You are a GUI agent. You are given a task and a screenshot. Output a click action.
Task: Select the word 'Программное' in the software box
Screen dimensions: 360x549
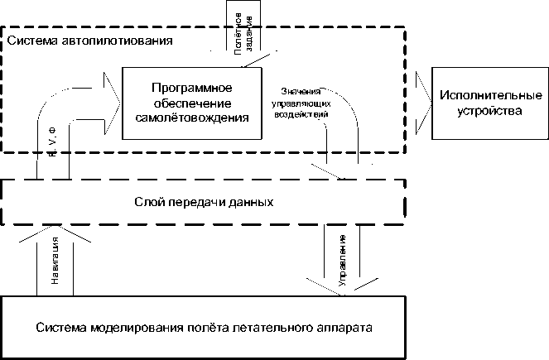(191, 88)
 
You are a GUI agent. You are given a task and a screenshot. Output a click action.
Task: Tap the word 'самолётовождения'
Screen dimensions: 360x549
(191, 118)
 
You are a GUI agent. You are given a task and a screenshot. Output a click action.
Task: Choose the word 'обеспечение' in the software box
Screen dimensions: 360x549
(191, 103)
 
